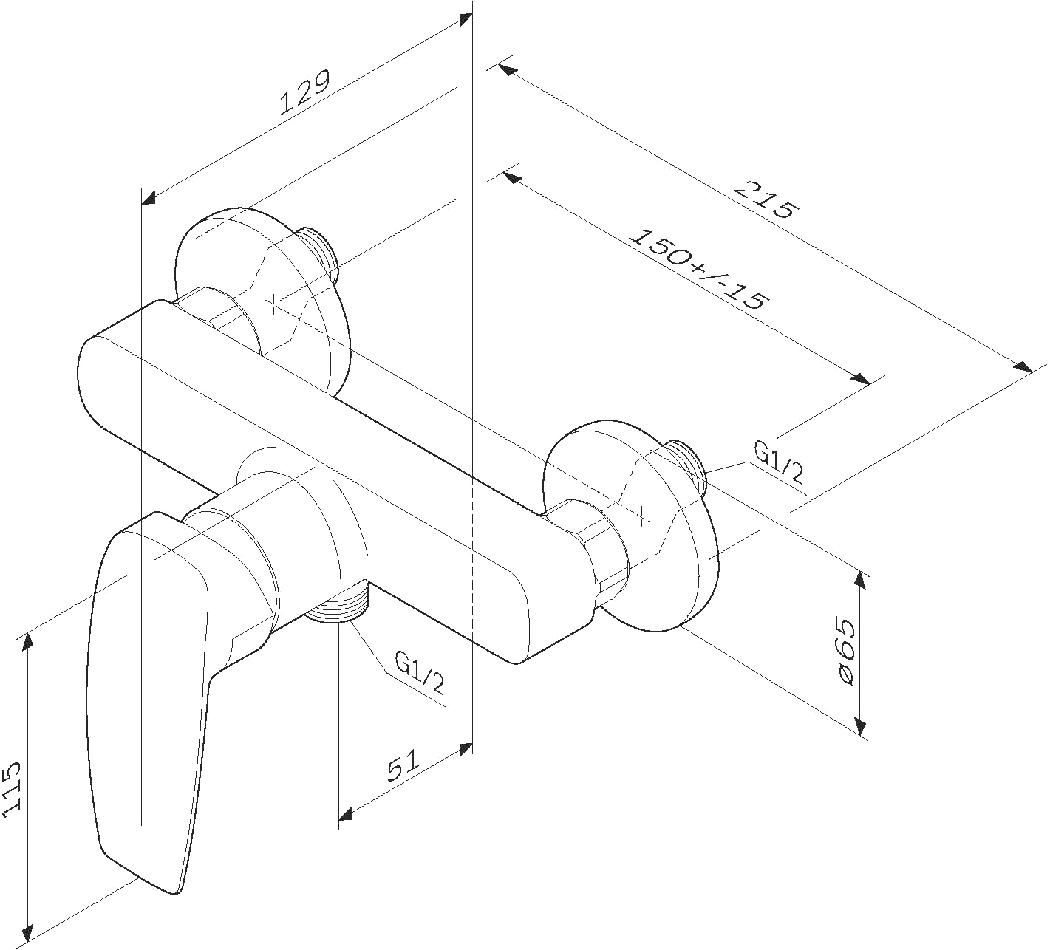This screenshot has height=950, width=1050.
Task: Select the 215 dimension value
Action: (766, 200)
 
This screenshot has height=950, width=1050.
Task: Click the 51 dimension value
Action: (403, 765)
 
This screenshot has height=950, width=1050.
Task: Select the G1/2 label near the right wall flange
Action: (778, 462)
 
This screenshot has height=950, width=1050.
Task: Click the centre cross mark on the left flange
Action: (273, 303)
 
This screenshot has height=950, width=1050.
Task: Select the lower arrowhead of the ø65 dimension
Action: (860, 725)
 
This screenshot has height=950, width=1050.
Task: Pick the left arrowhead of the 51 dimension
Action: (347, 813)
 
